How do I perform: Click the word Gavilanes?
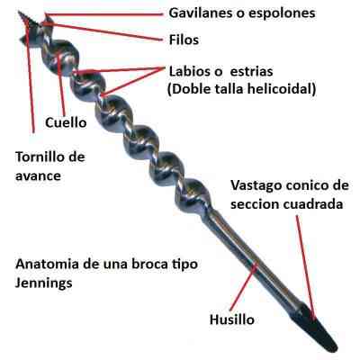click(201, 13)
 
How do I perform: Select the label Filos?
click(184, 40)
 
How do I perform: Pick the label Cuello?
click(66, 122)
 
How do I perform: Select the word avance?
click(38, 175)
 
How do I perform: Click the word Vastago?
click(256, 185)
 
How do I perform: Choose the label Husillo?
click(232, 319)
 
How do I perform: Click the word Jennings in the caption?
click(44, 283)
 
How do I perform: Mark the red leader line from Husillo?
click(242, 287)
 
